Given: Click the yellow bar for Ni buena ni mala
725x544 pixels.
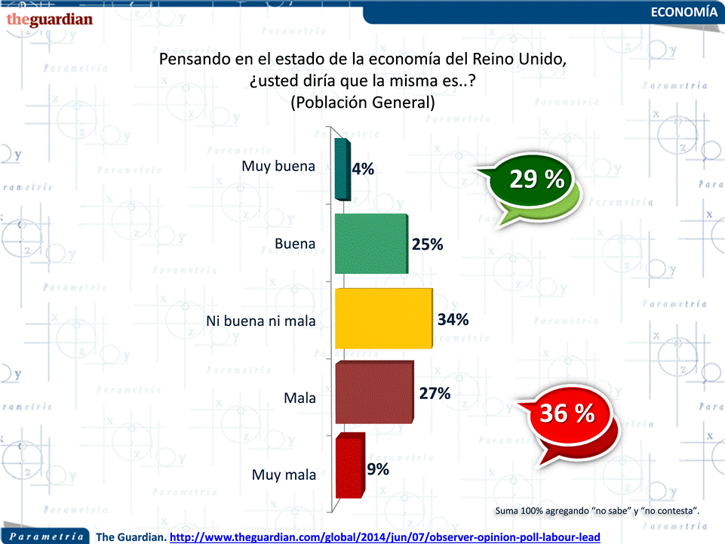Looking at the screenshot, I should tap(383, 318).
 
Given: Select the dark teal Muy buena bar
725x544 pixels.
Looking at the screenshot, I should tap(341, 169).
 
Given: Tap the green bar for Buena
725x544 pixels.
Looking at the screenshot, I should tap(370, 244).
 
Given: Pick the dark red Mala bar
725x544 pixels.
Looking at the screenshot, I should tap(373, 392).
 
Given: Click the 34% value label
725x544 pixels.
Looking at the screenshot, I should tap(453, 319).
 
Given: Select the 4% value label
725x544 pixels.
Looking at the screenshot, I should tap(363, 170).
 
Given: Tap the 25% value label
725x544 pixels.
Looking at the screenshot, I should tap(427, 244).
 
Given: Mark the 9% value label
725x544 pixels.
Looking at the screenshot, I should tap(378, 469).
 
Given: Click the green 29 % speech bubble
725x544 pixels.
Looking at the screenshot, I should tap(536, 181).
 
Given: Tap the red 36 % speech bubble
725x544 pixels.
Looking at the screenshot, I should tap(567, 414).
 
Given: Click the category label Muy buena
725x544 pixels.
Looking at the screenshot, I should tap(278, 167).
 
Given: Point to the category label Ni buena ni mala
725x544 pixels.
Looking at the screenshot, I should tap(260, 321).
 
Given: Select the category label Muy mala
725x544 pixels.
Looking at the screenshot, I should tap(284, 475).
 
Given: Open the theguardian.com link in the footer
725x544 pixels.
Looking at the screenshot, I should tap(385, 536).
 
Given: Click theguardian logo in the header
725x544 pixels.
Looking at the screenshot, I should tap(49, 18).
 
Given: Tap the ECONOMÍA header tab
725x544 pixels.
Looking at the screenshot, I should tap(684, 12).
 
